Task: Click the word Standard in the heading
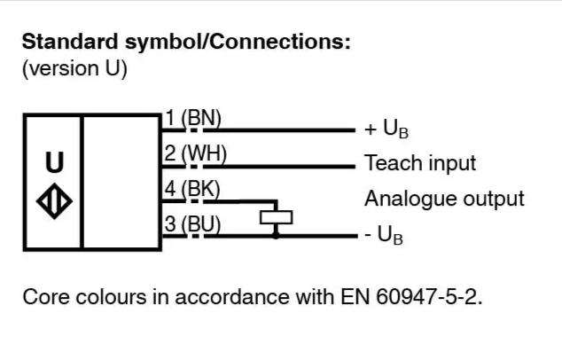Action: click(70, 42)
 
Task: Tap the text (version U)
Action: click(74, 68)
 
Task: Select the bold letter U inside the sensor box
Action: click(55, 162)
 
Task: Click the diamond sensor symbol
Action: click(54, 200)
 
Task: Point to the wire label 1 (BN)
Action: click(193, 118)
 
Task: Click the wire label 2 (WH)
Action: click(196, 153)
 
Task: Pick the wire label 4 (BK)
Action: click(192, 189)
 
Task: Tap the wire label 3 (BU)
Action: click(193, 224)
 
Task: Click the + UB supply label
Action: click(386, 129)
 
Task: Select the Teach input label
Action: click(420, 163)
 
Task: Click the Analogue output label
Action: click(444, 199)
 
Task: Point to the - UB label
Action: click(384, 235)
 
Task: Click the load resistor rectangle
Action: click(276, 217)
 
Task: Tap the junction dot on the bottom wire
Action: click(276, 236)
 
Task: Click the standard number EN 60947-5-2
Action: click(411, 297)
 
